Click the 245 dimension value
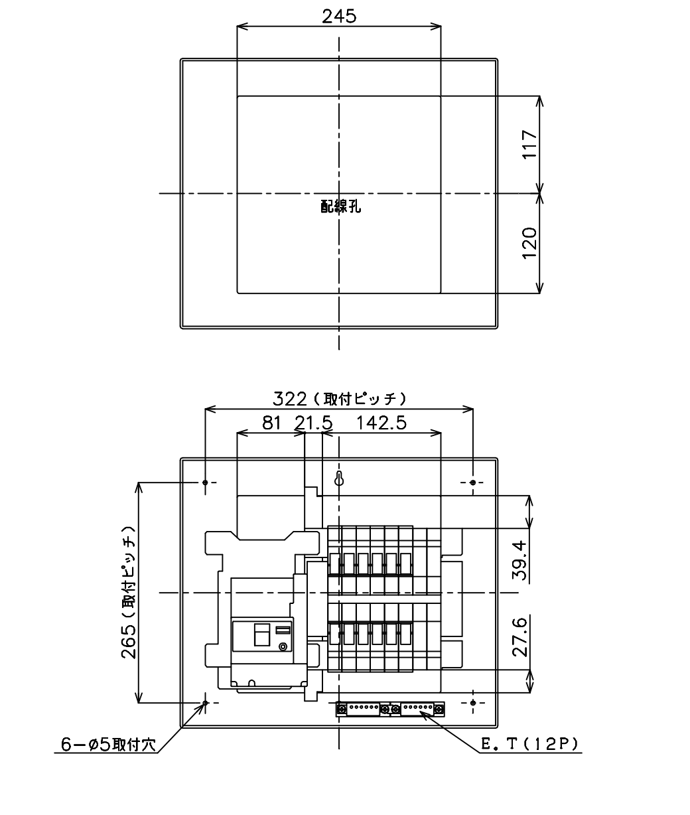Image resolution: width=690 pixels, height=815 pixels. click(339, 17)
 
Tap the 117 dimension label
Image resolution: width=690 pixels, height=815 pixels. click(529, 144)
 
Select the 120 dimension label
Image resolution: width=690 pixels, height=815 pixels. click(529, 243)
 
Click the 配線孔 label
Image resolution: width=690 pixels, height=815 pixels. click(340, 206)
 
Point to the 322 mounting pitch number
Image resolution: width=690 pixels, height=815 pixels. click(290, 399)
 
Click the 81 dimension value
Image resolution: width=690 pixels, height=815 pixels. click(271, 423)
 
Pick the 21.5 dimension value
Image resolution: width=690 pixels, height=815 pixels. click(314, 423)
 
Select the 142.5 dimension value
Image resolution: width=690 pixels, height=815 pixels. click(381, 423)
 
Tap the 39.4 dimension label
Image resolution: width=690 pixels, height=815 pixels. click(519, 560)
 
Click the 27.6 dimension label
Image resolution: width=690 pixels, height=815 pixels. click(519, 636)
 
